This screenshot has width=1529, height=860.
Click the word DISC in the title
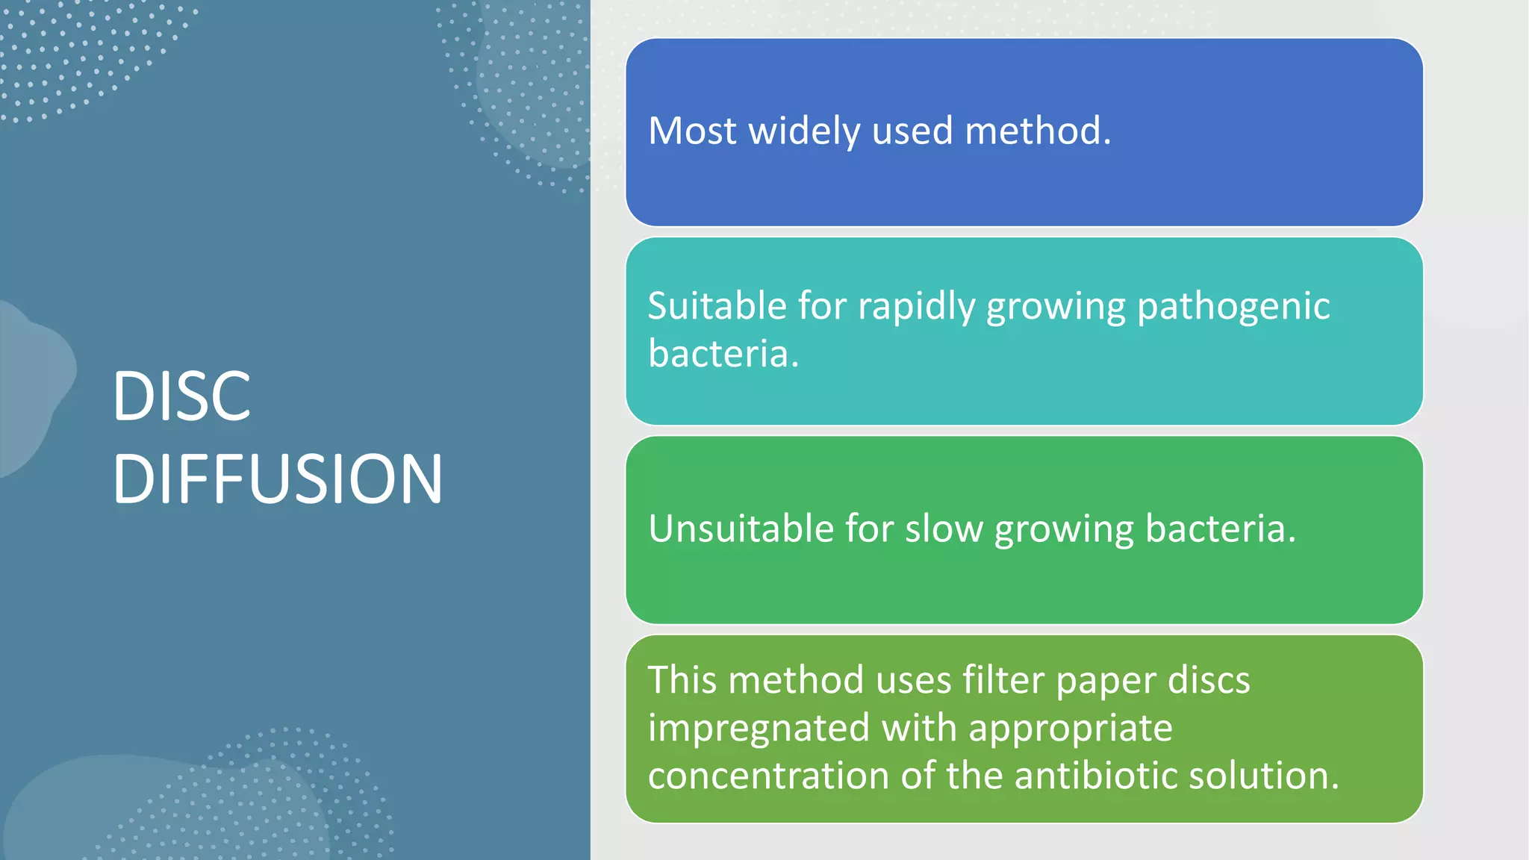pyautogui.click(x=181, y=396)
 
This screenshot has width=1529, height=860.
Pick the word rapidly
pyautogui.click(x=916, y=308)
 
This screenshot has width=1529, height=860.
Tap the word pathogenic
pyautogui.click(x=1233, y=308)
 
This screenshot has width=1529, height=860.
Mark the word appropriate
pyautogui.click(x=1070, y=729)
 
